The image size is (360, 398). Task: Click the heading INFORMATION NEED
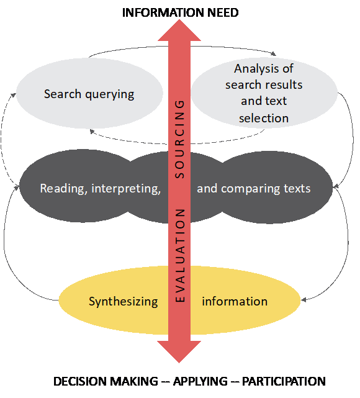click(x=180, y=12)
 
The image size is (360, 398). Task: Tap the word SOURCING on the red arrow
click(x=179, y=139)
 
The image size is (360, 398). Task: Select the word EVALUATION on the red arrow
click(x=179, y=255)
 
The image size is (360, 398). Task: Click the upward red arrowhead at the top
click(x=179, y=30)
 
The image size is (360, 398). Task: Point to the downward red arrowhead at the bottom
click(x=179, y=352)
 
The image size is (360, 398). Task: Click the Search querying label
click(x=89, y=94)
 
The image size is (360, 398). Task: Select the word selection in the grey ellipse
click(x=264, y=119)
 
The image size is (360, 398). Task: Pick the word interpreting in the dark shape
click(x=126, y=189)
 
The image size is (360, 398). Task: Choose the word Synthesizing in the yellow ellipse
click(x=124, y=302)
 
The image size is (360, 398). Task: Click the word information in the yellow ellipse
click(x=235, y=301)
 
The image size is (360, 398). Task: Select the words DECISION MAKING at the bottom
click(x=106, y=381)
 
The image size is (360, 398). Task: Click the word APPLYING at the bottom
click(x=200, y=381)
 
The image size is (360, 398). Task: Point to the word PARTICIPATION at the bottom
click(x=284, y=381)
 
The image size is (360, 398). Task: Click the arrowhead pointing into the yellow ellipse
click(x=303, y=300)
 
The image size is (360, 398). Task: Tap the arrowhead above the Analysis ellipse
click(x=274, y=53)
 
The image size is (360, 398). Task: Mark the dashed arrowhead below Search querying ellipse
click(x=92, y=132)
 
